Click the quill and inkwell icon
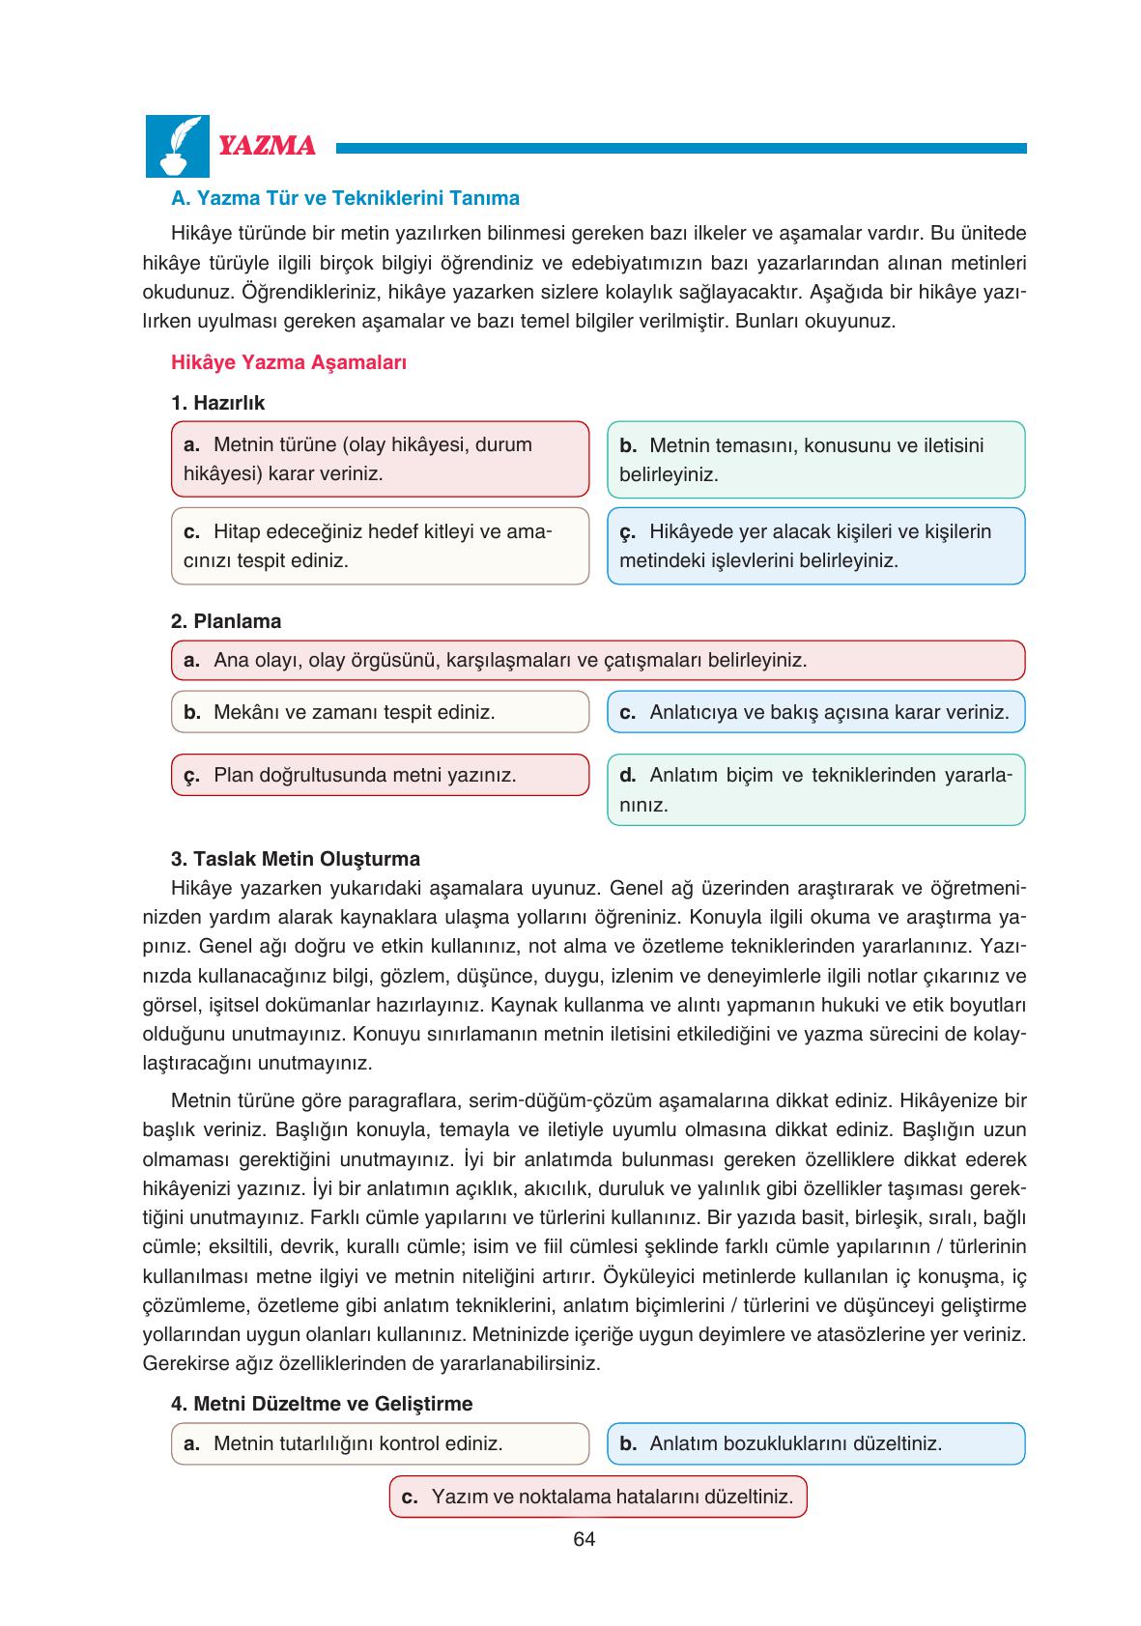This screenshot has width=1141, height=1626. click(x=177, y=146)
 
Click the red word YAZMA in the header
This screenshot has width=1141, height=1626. click(x=268, y=147)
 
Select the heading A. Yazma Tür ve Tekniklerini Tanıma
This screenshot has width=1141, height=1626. click(x=345, y=198)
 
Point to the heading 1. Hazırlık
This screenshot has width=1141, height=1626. click(x=217, y=402)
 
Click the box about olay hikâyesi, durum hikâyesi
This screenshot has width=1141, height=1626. click(x=380, y=459)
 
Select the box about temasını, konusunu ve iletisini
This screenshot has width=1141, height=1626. click(x=815, y=460)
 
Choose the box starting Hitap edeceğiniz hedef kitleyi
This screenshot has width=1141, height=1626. click(x=380, y=546)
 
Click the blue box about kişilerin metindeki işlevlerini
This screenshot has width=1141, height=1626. click(x=815, y=546)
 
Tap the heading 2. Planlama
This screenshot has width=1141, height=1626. click(x=226, y=621)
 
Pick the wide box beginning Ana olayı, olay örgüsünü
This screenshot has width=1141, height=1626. click(x=597, y=661)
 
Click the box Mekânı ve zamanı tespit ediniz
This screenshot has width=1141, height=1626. click(x=380, y=712)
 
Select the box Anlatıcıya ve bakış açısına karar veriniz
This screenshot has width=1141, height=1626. click(x=815, y=712)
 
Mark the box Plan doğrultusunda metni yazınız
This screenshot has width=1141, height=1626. click(x=380, y=775)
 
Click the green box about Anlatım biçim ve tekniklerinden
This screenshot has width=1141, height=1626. click(x=815, y=789)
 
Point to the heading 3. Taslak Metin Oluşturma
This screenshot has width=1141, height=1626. click(x=295, y=859)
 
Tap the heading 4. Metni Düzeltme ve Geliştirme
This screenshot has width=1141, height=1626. click(x=321, y=1403)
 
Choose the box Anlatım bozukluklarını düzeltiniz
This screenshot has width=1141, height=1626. click(x=815, y=1443)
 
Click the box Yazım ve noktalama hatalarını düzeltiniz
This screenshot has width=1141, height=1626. click(x=597, y=1497)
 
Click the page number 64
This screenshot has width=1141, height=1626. click(x=584, y=1539)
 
